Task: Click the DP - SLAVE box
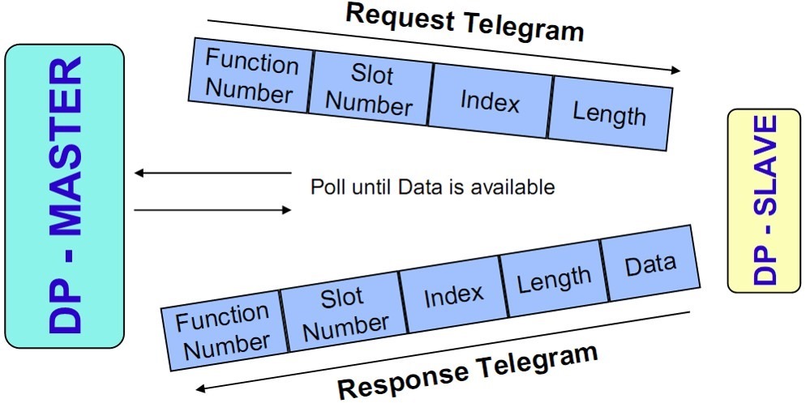click(763, 200)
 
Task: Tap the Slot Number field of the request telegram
click(371, 90)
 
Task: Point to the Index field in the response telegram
click(452, 295)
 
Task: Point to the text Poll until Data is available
click(432, 187)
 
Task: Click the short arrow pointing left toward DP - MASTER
click(212, 173)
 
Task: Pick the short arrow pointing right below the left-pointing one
click(212, 210)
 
